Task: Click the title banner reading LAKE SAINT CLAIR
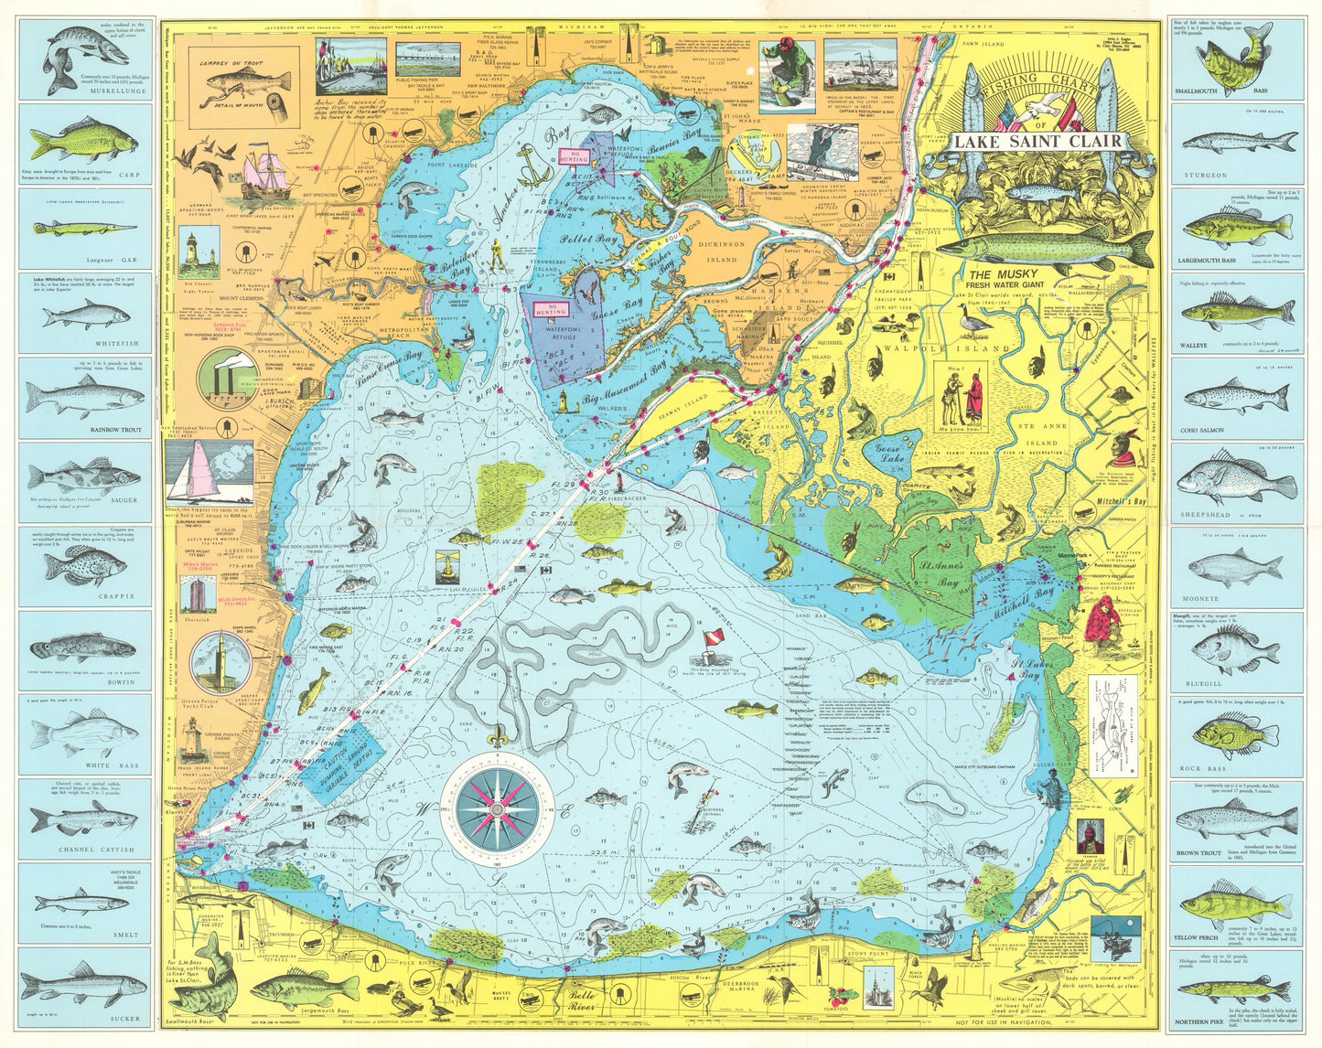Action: click(x=1037, y=142)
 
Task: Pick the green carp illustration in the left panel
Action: click(x=82, y=144)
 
